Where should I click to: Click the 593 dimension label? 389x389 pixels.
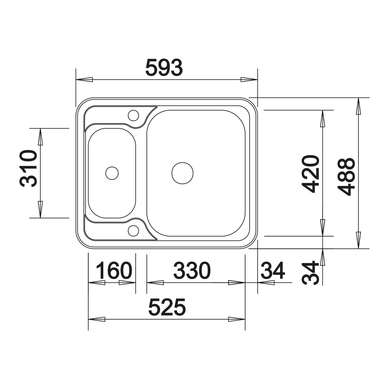[164, 68]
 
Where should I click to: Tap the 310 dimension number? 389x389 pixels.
[28, 168]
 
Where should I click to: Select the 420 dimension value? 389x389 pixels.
[310, 174]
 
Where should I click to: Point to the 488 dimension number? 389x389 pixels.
[346, 177]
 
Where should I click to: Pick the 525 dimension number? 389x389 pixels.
[167, 307]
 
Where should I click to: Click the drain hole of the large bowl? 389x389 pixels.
[182, 173]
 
